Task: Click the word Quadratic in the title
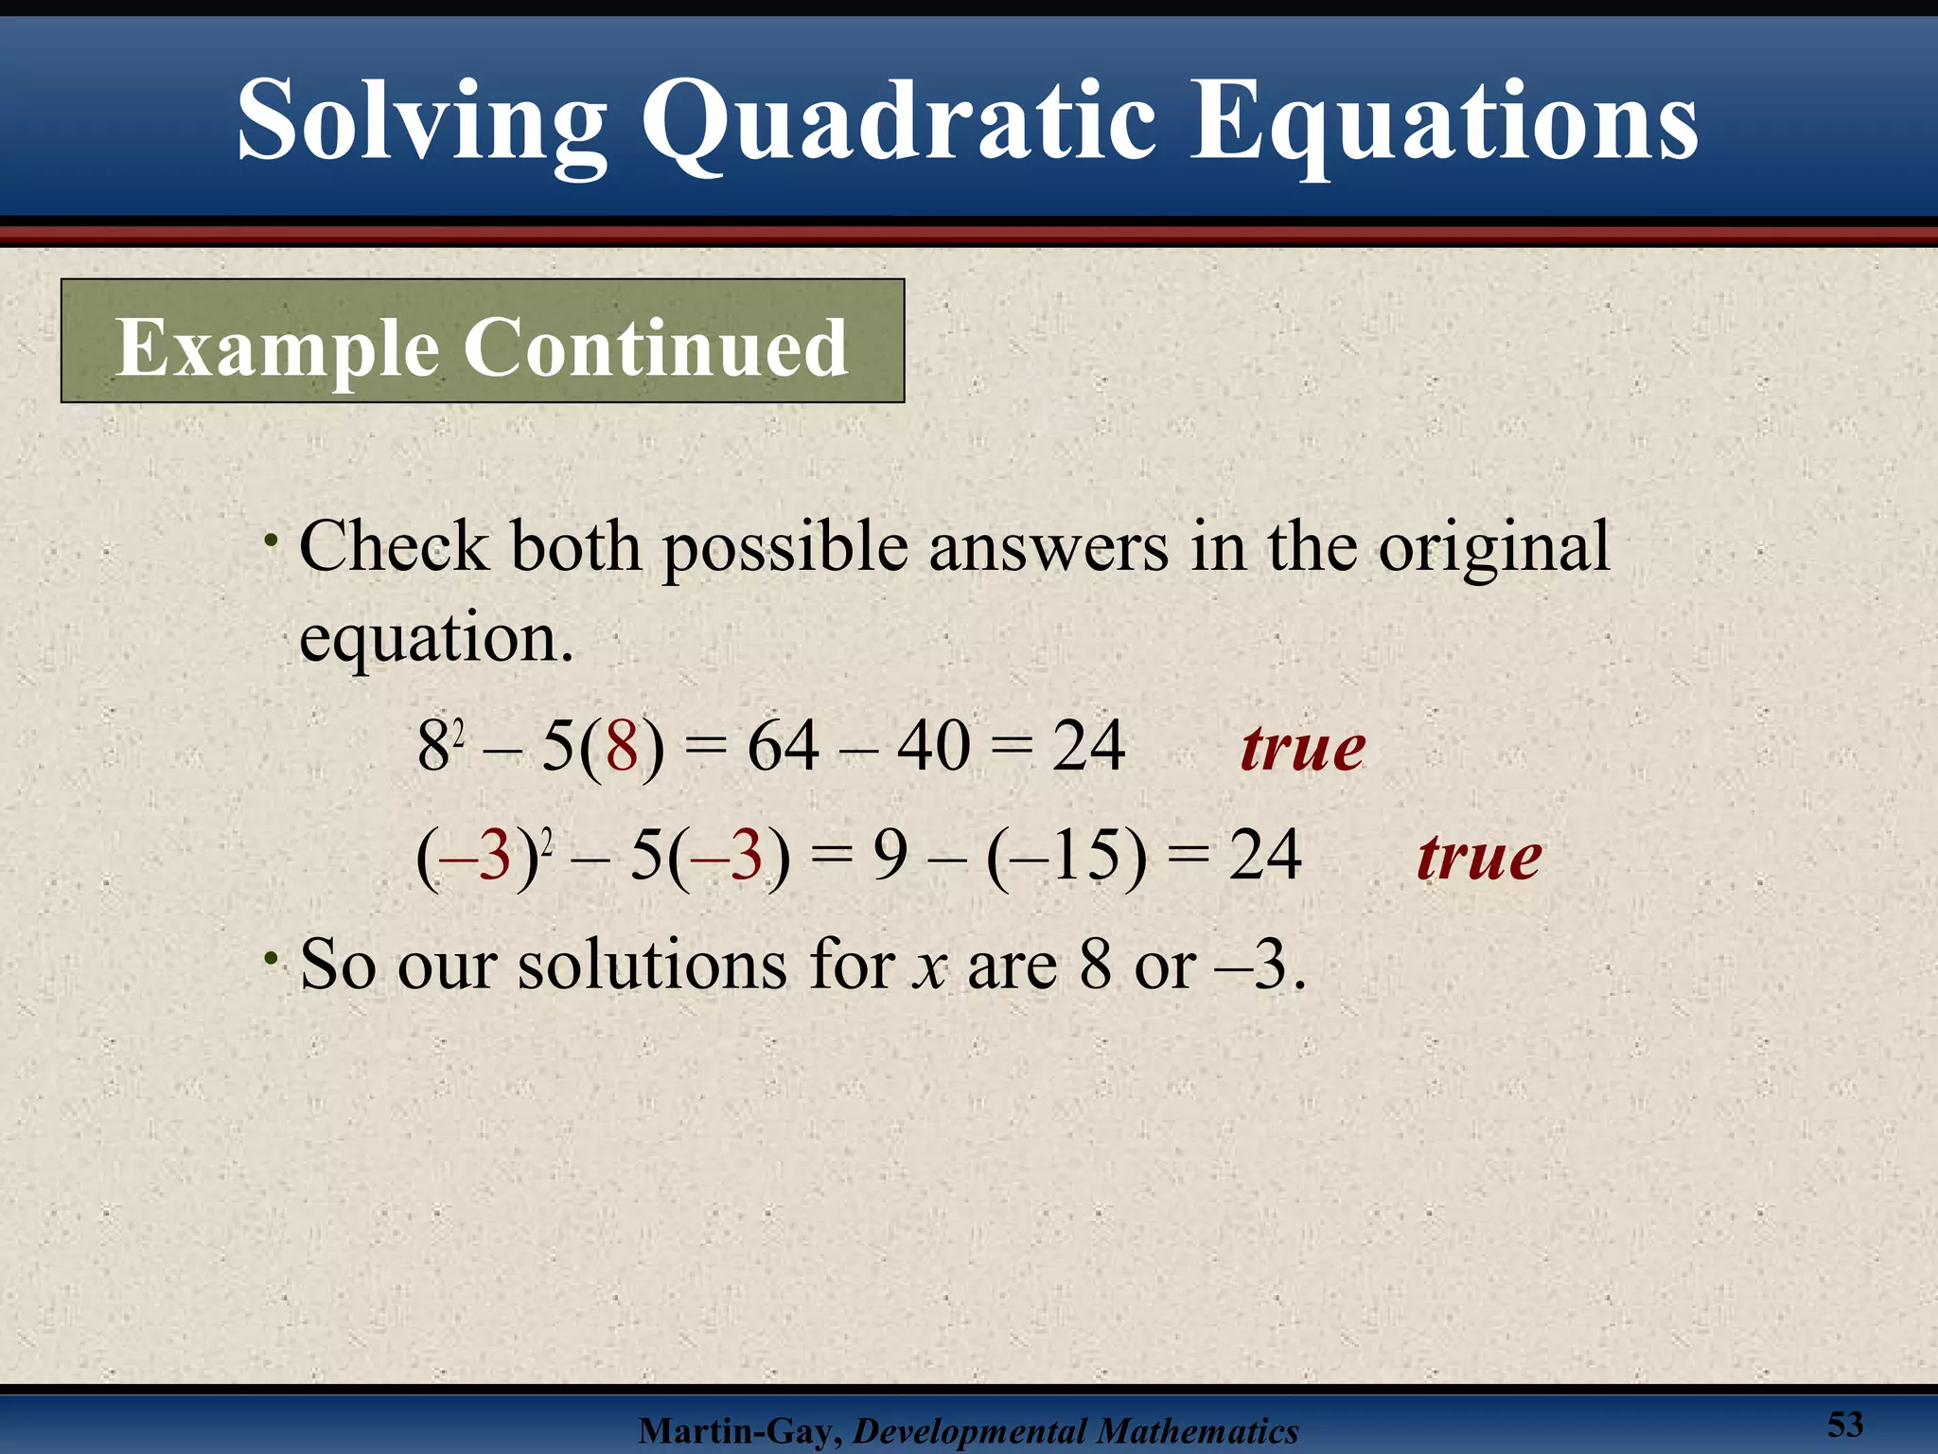coord(898,123)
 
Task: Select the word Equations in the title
coord(1443,123)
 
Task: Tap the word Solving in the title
coord(421,123)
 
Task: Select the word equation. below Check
coord(436,638)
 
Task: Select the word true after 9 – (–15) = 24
coord(1479,857)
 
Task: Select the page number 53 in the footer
coord(1844,1424)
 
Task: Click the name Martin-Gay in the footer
coord(739,1431)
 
